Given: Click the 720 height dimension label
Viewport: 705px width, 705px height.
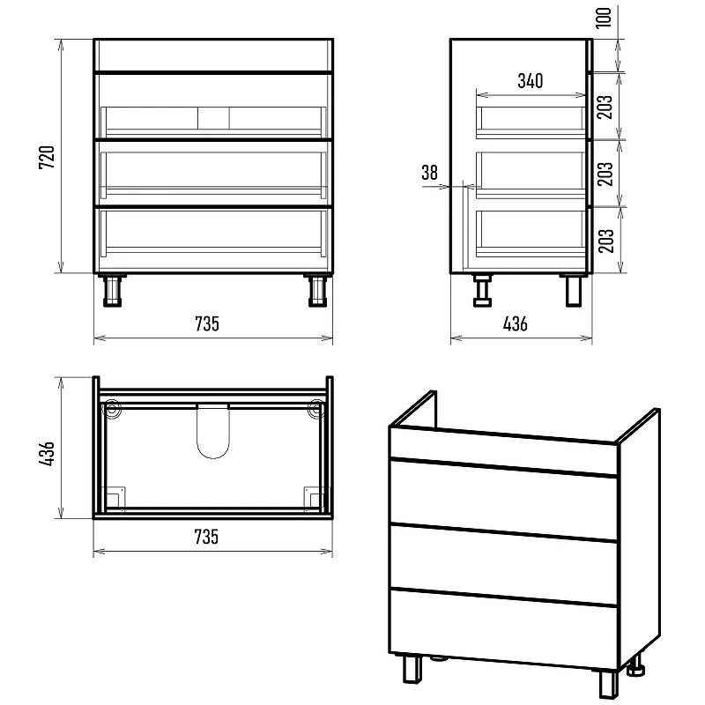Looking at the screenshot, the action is (x=47, y=157).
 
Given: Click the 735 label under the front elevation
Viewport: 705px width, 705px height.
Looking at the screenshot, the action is (x=207, y=323).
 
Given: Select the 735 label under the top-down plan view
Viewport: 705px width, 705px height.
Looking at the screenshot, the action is (x=206, y=537).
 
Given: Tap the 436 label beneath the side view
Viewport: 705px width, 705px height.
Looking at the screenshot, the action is (x=516, y=323).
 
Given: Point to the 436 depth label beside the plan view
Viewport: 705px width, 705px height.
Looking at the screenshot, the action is (x=47, y=453).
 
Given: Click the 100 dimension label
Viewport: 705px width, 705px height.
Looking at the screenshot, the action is (x=604, y=18).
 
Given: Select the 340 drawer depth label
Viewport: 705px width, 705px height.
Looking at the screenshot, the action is (x=531, y=81).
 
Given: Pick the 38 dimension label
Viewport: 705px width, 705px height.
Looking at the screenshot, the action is (x=429, y=172).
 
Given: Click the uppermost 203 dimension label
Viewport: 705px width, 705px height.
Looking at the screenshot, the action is (x=605, y=107).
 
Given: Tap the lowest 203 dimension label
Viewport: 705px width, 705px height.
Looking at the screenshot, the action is (x=605, y=241).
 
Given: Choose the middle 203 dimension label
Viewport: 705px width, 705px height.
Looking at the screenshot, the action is (x=605, y=174).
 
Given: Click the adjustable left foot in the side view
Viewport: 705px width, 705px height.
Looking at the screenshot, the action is (x=482, y=291).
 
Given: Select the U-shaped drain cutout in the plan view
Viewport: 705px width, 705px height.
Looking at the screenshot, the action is (x=213, y=431).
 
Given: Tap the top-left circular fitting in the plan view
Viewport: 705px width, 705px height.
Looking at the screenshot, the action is (x=113, y=410).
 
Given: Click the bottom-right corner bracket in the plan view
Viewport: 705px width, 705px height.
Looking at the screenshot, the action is (x=314, y=498).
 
